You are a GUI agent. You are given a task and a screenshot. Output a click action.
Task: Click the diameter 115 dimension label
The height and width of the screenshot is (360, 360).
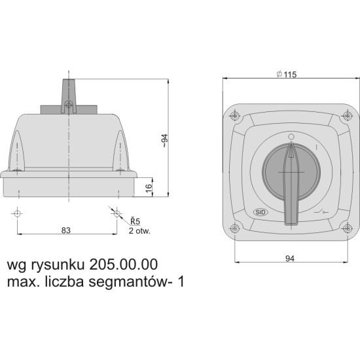pos(287,74)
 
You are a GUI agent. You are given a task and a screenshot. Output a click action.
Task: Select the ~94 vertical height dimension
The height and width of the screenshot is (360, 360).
pos(165,141)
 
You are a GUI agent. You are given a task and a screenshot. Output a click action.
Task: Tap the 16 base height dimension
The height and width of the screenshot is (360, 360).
pos(149,188)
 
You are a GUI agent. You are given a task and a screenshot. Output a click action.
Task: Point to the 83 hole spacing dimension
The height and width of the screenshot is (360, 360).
pos(66,230)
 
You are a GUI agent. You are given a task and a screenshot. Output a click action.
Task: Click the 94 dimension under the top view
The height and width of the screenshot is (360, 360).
pos(290,259)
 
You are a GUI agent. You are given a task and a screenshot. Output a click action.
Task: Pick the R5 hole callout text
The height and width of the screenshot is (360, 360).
pos(135,221)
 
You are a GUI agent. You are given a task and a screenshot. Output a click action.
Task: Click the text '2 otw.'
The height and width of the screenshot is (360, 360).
pos(139,231)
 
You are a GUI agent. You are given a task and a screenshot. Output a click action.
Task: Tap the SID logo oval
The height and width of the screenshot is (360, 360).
pos(261,212)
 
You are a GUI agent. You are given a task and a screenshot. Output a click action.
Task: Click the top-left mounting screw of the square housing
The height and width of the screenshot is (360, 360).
pos(234,115)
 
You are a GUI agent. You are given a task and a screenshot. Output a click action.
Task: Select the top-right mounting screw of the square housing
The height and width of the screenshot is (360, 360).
pos(348,115)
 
